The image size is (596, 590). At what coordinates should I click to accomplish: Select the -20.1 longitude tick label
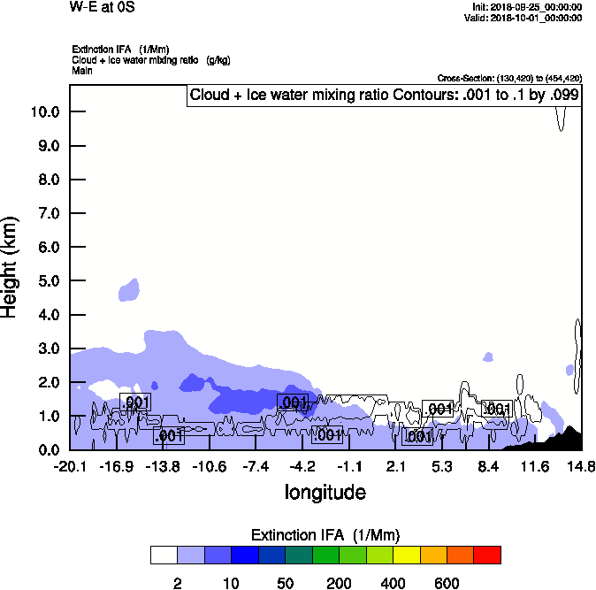click(x=70, y=466)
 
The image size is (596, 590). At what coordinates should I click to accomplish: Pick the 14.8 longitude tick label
click(x=580, y=466)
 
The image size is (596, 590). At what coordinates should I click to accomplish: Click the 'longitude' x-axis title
click(x=325, y=492)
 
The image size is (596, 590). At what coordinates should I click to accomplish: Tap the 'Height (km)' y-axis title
click(x=11, y=266)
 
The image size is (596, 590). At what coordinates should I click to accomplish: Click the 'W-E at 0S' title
click(x=98, y=8)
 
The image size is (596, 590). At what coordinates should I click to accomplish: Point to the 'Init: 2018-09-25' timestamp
click(x=528, y=7)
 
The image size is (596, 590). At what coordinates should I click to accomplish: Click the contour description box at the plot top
click(x=385, y=95)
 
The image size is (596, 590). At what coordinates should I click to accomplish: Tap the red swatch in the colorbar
click(x=487, y=555)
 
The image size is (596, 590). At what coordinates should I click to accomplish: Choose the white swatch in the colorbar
click(x=164, y=555)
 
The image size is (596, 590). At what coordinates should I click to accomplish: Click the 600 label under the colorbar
click(x=447, y=583)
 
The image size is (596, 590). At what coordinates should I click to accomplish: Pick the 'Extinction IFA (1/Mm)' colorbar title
click(x=325, y=535)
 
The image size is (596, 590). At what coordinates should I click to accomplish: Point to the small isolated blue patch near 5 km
click(x=130, y=289)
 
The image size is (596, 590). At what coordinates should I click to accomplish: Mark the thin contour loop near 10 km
click(x=561, y=118)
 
